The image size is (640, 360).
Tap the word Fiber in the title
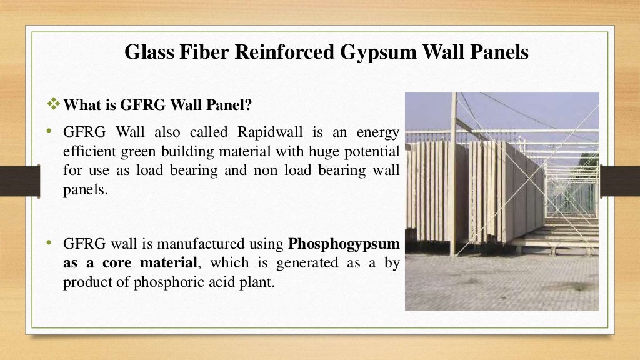201,52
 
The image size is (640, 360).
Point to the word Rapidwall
266,132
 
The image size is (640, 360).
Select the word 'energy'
378,132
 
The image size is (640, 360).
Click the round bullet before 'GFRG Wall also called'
47,132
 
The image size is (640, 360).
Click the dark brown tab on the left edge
19,181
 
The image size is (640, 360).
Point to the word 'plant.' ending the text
257,282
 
